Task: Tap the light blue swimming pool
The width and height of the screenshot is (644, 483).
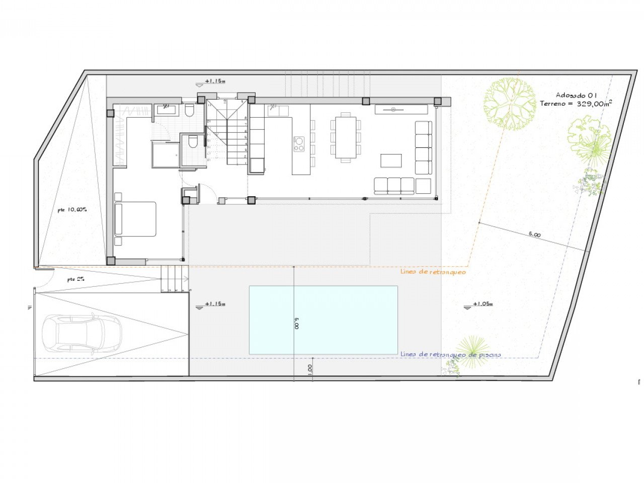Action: point(323,320)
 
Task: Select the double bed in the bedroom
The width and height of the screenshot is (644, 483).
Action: point(135,219)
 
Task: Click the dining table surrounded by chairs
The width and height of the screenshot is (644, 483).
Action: point(346,137)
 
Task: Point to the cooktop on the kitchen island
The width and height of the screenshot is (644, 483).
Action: point(299,144)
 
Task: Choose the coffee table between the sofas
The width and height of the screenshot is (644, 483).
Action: point(391,160)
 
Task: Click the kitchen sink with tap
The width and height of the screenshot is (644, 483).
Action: point(278,111)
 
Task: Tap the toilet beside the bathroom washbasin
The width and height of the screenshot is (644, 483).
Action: point(189,111)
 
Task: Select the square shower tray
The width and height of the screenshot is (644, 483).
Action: point(165,154)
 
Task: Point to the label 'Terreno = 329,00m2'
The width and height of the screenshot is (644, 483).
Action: point(576,104)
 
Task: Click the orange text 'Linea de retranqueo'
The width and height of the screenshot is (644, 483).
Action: point(433,272)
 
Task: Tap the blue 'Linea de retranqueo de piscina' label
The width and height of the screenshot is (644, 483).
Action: point(450,354)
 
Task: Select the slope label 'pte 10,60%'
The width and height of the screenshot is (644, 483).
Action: point(72,209)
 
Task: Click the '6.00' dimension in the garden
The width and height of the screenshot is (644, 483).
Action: point(535,234)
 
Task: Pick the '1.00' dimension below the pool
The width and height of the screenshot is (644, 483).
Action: point(309,369)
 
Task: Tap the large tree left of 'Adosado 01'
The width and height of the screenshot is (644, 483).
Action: point(509,104)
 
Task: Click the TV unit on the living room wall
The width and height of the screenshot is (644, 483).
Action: point(401,109)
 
